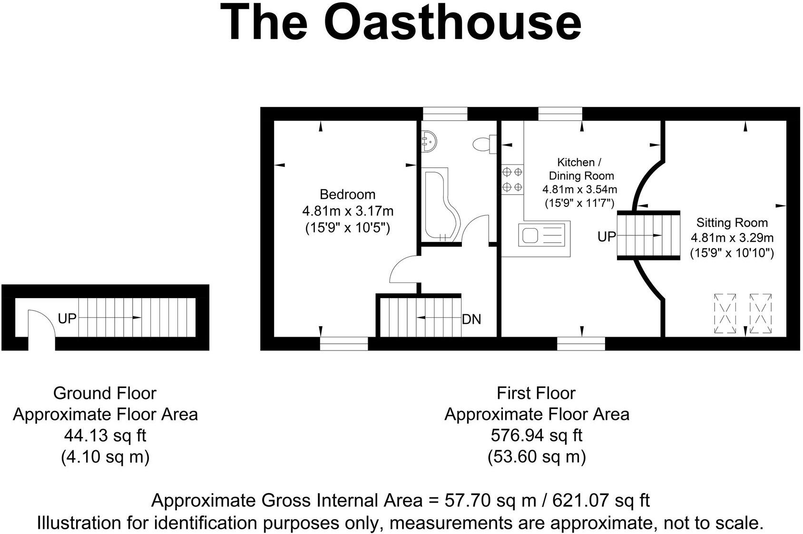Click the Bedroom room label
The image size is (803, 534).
point(347,194)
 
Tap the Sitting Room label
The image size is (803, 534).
point(732,223)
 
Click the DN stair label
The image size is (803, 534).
point(471,320)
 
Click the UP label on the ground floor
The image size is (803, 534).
point(67,318)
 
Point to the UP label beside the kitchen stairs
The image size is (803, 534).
point(607,236)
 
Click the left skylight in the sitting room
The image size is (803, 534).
point(725,314)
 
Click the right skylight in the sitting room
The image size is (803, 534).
point(760,314)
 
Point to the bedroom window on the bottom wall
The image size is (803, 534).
point(343,343)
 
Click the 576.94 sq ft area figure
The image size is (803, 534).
point(536,435)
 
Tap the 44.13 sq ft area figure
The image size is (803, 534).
point(105,435)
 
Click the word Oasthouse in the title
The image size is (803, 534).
point(453,23)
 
